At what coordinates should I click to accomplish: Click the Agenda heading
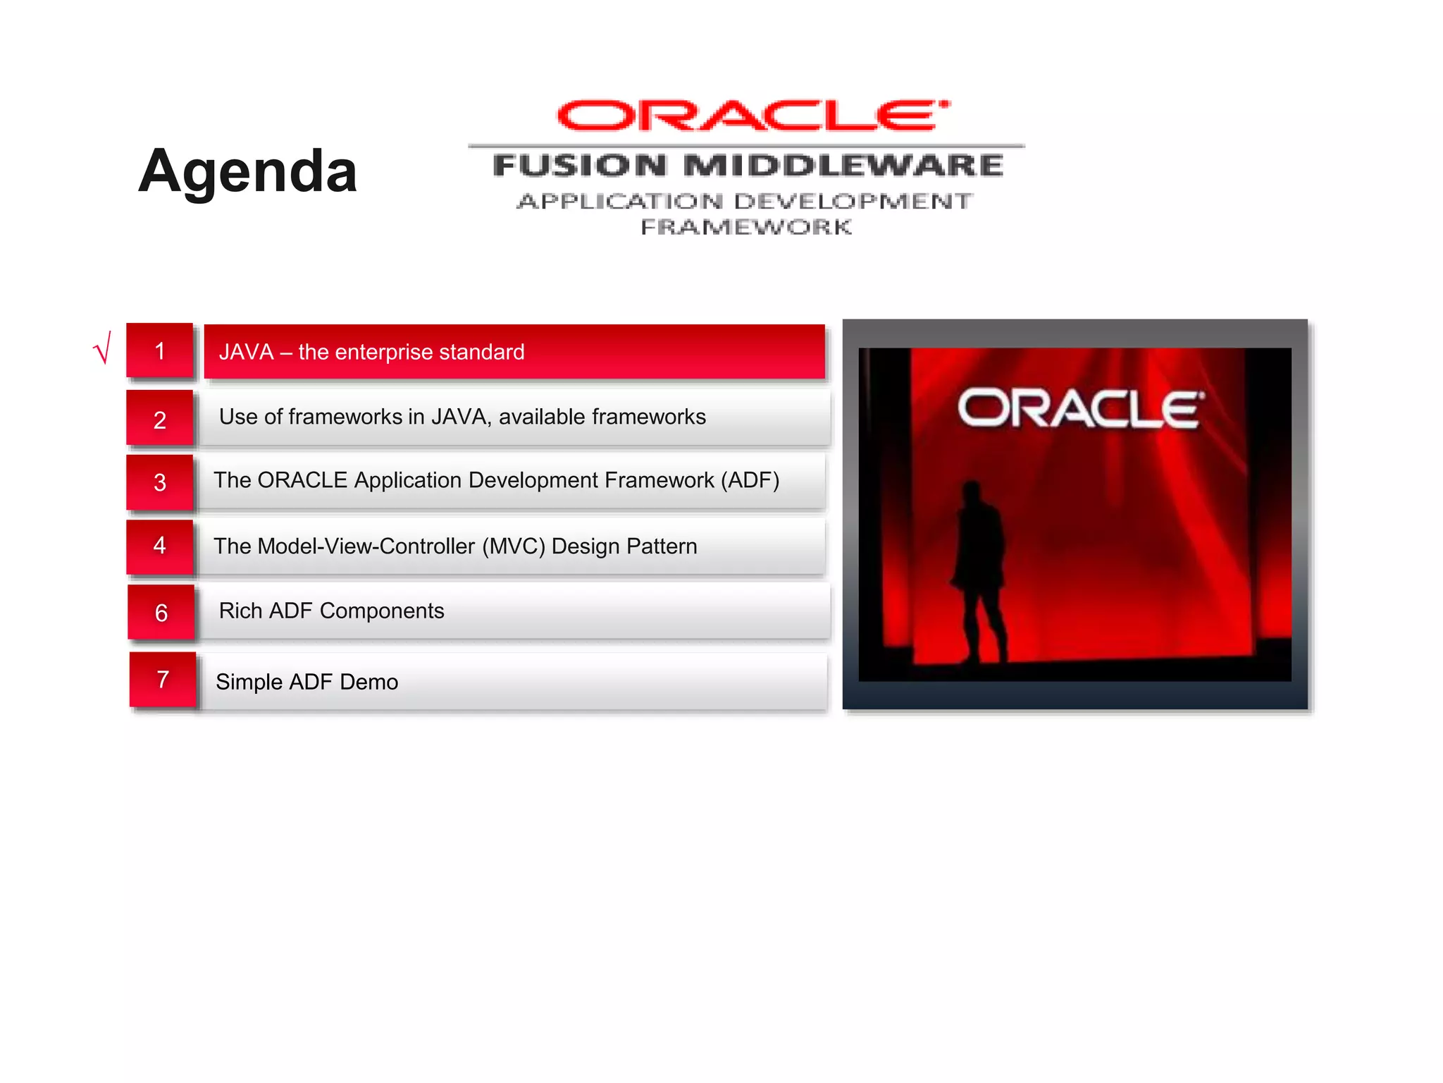(x=247, y=171)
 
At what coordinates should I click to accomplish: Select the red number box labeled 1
(x=160, y=351)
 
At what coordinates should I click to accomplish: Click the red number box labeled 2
(x=160, y=419)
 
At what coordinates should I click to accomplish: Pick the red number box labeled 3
(x=160, y=482)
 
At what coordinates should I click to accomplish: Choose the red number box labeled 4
(x=160, y=546)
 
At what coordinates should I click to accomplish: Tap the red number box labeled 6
(x=161, y=612)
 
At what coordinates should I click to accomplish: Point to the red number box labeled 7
(x=163, y=680)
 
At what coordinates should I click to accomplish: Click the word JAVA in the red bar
(x=246, y=352)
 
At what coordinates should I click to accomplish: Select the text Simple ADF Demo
(x=306, y=682)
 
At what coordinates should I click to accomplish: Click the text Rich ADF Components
(x=331, y=611)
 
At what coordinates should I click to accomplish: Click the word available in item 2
(x=541, y=417)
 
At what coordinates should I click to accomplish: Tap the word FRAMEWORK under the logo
(x=746, y=227)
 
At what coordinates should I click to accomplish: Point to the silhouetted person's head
(x=972, y=489)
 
